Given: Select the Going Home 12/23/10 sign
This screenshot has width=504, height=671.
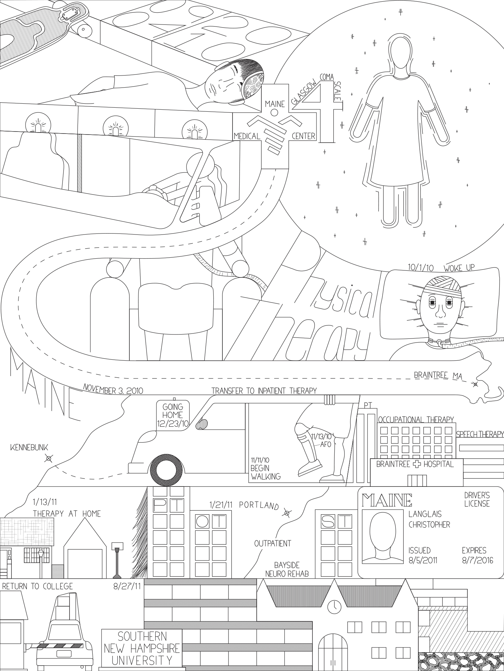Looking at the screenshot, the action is (x=173, y=415).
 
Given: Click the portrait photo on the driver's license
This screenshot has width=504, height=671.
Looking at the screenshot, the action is (x=383, y=536).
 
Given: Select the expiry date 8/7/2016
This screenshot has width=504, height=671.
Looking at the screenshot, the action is (x=477, y=560).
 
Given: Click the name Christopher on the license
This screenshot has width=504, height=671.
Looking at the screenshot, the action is (x=429, y=525).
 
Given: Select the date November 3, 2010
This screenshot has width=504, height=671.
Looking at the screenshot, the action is (x=113, y=391).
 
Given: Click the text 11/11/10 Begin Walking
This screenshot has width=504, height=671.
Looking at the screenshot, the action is (x=266, y=468).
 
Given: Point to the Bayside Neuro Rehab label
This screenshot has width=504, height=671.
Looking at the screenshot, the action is (x=287, y=569).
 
